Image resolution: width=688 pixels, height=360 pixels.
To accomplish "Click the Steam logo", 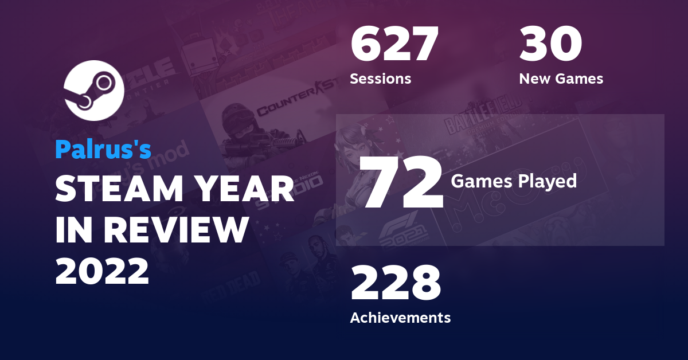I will (x=94, y=90).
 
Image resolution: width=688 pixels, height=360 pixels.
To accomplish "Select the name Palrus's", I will (x=103, y=149).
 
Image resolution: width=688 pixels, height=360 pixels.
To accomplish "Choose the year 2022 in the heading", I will (x=102, y=271).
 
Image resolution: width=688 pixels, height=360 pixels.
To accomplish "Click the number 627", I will (x=394, y=45).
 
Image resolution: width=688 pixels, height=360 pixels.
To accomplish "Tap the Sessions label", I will (x=380, y=79).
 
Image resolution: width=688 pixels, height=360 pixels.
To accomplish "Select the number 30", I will (x=550, y=45).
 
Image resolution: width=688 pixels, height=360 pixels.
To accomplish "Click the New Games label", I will (x=561, y=79).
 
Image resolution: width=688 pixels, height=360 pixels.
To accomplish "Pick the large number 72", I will (x=403, y=182).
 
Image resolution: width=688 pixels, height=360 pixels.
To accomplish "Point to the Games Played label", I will (x=514, y=181).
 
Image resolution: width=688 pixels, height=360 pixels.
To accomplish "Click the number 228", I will (x=396, y=284).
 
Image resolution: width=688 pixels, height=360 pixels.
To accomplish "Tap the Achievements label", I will (x=400, y=317).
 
